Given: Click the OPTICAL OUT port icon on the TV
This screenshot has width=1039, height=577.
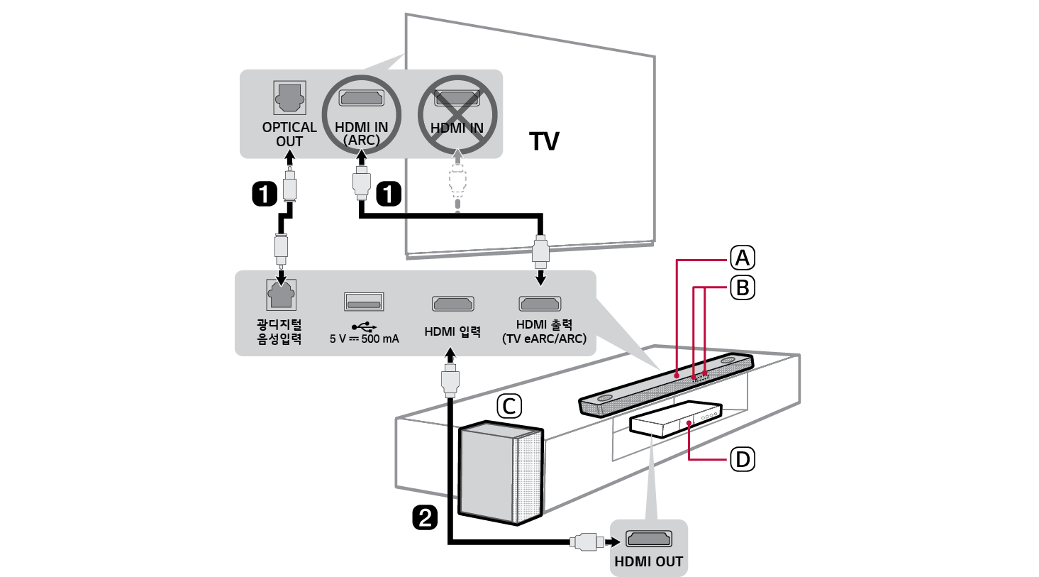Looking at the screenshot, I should point(289,98).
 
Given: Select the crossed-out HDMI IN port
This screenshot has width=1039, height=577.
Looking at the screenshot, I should point(457,99).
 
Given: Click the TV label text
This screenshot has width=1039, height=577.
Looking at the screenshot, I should point(544,141).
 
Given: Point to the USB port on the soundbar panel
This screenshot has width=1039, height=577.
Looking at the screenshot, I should point(364,301).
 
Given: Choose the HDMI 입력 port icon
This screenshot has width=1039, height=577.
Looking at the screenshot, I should point(452,304).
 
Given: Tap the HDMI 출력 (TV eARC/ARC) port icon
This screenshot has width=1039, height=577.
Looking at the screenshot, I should point(540,304).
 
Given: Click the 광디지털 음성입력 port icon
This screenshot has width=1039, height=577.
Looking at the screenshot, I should point(280,295).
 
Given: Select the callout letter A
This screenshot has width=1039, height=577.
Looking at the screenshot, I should point(743,258).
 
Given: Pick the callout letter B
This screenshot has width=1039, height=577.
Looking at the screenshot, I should point(743,287).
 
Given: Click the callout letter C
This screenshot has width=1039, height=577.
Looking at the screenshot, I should point(508,407).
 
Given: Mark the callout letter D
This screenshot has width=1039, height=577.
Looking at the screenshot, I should point(743,460).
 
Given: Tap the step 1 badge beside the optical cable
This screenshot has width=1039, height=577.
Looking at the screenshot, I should point(265,193).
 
